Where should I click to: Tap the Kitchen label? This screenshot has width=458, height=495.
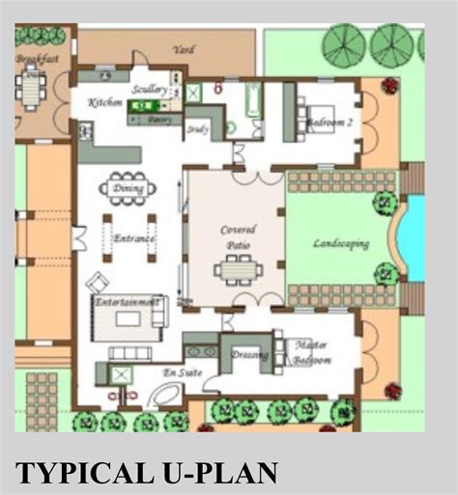[x=104, y=101]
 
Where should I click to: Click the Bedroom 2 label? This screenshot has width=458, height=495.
[x=330, y=124]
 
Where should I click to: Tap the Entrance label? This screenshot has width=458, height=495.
[x=134, y=238]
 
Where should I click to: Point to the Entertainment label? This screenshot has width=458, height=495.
[x=126, y=302]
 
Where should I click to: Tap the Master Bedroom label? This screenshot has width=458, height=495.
[x=311, y=354]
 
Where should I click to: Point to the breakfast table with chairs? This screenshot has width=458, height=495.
[x=33, y=91]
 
